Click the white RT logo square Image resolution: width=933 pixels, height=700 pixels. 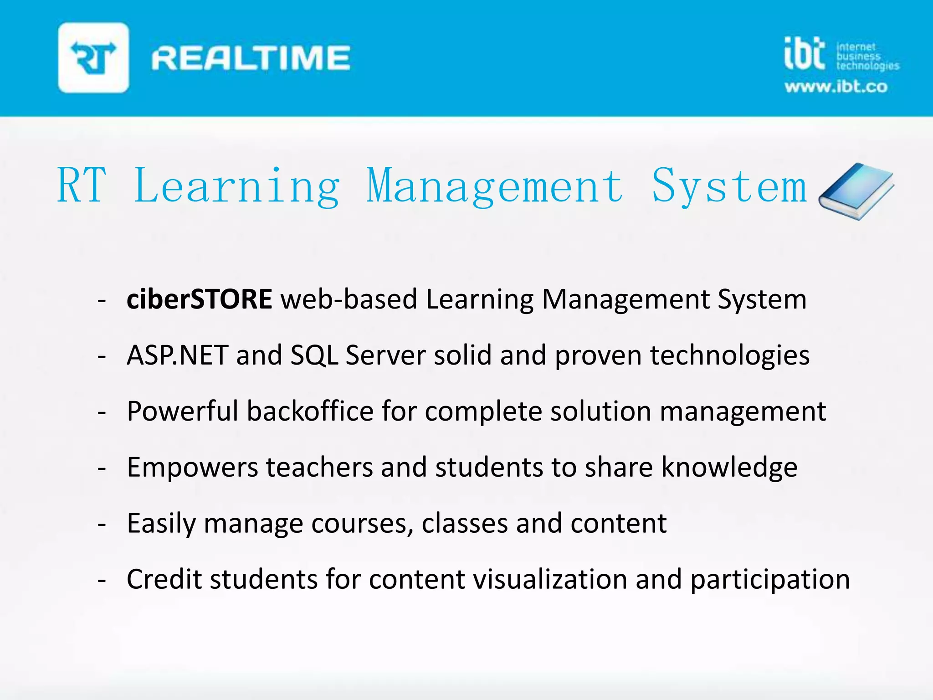(x=93, y=58)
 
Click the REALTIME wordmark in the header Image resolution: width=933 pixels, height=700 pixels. (x=251, y=58)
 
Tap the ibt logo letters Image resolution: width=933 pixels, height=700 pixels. (x=805, y=54)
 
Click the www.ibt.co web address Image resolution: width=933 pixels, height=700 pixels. (x=836, y=87)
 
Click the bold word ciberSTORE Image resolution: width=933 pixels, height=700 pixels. (x=200, y=299)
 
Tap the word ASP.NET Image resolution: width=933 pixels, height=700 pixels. (x=177, y=355)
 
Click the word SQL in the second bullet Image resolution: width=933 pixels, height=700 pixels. (x=314, y=355)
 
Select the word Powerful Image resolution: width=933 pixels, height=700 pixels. (x=182, y=411)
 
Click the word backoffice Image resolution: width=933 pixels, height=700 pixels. (x=310, y=411)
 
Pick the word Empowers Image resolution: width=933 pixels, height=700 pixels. (x=192, y=467)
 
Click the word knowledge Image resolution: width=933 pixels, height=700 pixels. (x=729, y=467)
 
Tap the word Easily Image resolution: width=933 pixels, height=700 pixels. (x=161, y=523)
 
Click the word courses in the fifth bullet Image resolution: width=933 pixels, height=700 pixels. (x=362, y=523)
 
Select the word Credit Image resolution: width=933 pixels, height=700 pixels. (x=164, y=579)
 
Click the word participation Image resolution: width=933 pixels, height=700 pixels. (x=770, y=579)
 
